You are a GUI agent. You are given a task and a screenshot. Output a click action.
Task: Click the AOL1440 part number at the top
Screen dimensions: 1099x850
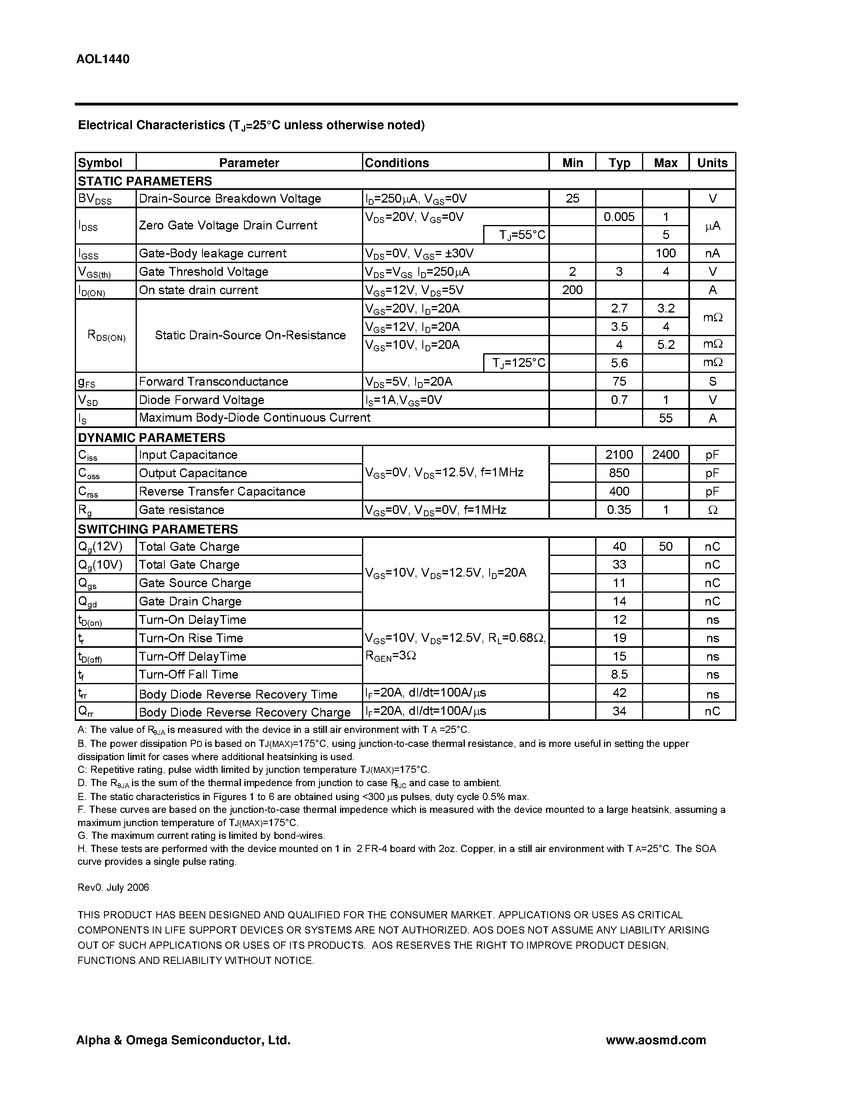103,60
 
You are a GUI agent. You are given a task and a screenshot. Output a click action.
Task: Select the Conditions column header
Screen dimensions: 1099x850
396,163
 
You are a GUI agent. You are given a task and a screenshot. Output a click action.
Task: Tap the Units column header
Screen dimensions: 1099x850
712,163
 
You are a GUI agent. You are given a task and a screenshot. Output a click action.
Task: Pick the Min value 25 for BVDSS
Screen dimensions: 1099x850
572,198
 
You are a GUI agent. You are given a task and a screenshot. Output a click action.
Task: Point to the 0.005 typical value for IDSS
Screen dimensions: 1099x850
619,217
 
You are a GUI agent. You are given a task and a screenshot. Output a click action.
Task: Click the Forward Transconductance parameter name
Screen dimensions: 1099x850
214,381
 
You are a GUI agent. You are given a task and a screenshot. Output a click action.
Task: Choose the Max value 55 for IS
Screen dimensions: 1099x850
665,418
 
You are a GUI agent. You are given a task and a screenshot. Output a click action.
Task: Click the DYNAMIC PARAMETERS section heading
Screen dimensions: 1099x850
151,437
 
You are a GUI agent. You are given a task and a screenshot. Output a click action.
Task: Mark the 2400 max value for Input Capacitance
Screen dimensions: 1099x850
665,455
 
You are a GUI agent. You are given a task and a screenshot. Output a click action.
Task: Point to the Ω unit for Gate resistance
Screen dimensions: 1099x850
712,510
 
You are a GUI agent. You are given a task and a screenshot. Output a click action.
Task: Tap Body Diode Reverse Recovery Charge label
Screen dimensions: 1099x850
244,712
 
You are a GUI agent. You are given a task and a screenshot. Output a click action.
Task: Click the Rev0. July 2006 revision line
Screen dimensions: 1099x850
113,887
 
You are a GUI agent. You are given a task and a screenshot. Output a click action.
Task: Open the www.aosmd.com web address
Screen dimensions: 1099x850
655,1040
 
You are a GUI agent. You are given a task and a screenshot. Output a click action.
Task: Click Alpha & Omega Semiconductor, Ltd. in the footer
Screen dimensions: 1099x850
183,1040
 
